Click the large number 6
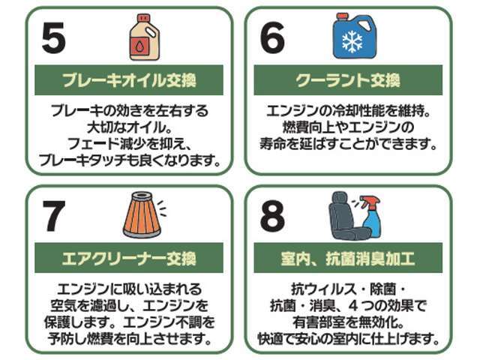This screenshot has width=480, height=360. [272, 38]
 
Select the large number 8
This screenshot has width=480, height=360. [272, 217]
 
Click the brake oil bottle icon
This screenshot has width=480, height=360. [143, 37]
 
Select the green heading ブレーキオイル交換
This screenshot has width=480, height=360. [129, 80]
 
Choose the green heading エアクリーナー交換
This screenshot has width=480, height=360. [129, 259]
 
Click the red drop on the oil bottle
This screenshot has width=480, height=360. [143, 46]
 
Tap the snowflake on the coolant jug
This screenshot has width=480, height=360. [352, 41]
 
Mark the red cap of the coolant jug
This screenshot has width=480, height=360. [342, 15]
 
